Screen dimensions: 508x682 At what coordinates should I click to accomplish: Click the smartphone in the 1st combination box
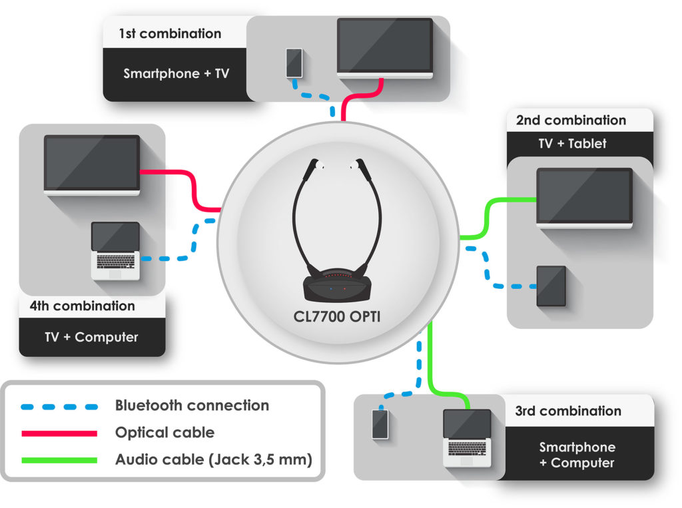pos(294,63)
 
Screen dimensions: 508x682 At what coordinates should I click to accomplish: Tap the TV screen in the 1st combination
pos(385,45)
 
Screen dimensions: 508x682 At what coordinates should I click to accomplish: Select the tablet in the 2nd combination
pos(551,286)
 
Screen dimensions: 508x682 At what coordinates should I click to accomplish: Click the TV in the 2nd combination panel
pos(585,196)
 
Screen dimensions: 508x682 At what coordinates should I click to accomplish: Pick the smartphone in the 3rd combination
pos(380,424)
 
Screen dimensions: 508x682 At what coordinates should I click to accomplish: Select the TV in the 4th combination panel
pos(92,163)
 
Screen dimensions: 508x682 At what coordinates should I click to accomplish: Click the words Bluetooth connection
pos(192,405)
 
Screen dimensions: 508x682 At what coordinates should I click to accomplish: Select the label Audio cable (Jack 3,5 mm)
pos(213,459)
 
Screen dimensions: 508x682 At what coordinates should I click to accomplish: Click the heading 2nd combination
pos(571,121)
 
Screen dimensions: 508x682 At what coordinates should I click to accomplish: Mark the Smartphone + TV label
pos(176,74)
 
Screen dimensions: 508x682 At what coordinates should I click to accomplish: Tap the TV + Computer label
pos(91,337)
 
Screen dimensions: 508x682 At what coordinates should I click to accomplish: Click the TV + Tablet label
pos(572,144)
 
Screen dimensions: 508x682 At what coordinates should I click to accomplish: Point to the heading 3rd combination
pos(567,411)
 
